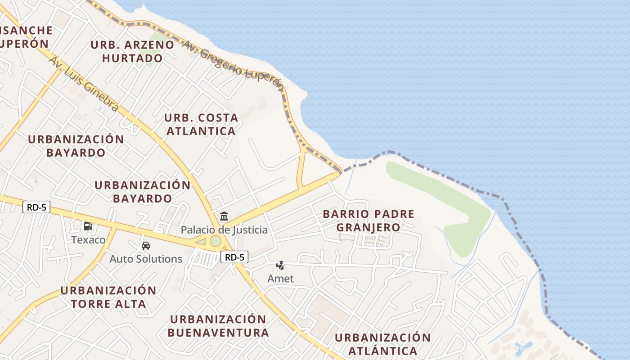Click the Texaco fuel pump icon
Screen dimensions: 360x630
point(88,226)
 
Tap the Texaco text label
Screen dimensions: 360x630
point(88,239)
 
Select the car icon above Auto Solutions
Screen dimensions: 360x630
point(145,246)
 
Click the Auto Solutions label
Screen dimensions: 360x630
point(146,259)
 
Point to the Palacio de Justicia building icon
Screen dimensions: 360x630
point(224,216)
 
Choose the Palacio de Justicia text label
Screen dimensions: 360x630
point(224,230)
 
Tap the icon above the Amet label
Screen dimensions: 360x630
point(280,265)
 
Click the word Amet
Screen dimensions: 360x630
point(280,279)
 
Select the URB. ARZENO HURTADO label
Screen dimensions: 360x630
point(132,51)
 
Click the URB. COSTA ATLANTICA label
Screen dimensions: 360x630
point(201,124)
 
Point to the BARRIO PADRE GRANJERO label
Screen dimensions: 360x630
point(368,220)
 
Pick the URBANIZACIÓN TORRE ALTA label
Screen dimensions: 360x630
point(108,297)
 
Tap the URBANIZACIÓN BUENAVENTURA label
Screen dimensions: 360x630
point(218,326)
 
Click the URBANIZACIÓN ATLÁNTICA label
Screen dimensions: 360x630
point(382,344)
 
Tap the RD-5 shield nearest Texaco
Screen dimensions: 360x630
point(36,207)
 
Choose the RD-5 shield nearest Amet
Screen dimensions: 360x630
point(234,257)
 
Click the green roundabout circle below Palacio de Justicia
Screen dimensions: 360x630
point(216,241)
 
